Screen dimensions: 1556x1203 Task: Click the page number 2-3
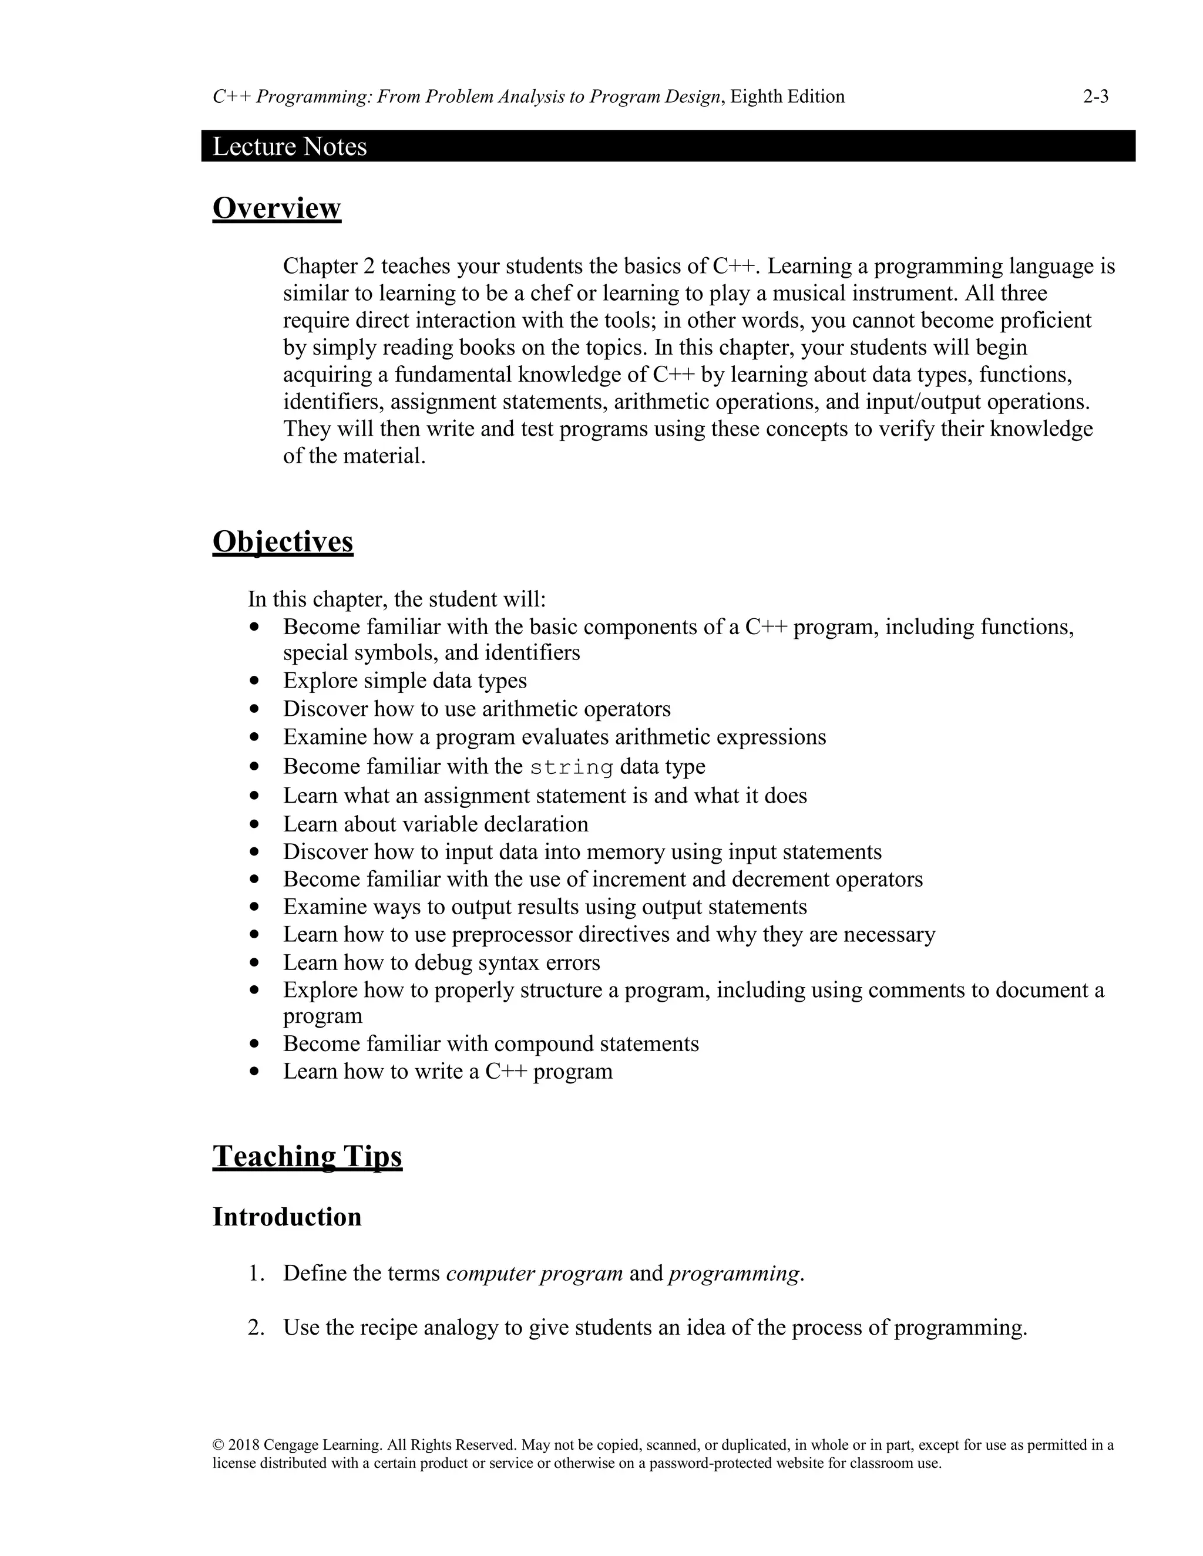click(1096, 97)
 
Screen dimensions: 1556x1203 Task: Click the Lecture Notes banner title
click(290, 146)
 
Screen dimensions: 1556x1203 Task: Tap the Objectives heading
click(282, 541)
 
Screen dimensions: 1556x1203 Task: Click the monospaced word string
click(572, 767)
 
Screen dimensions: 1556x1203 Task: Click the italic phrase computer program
click(535, 1273)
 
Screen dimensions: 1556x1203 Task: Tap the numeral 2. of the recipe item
click(256, 1328)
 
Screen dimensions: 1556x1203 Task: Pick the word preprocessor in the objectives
click(512, 934)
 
